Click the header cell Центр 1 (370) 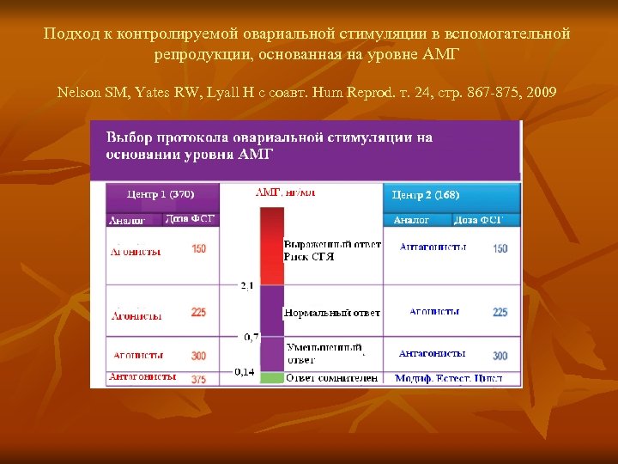tap(161, 194)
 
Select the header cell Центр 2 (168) tap(426, 195)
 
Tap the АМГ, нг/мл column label tap(285, 193)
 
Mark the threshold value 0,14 tap(245, 372)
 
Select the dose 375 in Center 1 tap(199, 378)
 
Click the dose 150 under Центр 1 tap(199, 249)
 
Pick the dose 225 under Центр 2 tap(500, 312)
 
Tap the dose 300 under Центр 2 tap(500, 355)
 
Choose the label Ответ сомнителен tap(331, 378)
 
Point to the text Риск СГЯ tap(309, 257)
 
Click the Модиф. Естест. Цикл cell tap(449, 378)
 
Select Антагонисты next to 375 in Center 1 tap(142, 376)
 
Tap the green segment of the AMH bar tap(271, 378)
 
